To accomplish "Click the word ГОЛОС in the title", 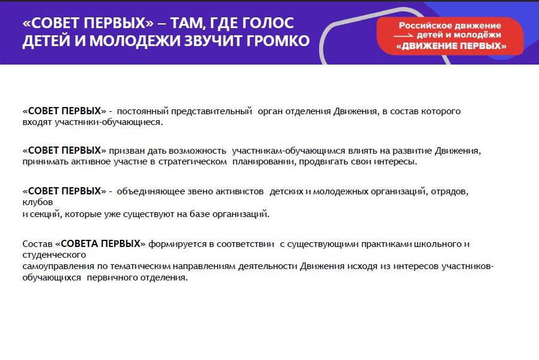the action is point(268,23).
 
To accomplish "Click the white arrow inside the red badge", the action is point(403,35).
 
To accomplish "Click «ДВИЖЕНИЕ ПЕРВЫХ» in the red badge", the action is point(451,46).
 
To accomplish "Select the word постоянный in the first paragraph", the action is point(143,111).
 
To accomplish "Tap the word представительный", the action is point(212,111).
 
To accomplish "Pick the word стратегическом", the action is point(192,161).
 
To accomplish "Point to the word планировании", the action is point(264,161).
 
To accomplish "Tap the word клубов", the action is point(38,202).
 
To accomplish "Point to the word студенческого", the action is point(54,255).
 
